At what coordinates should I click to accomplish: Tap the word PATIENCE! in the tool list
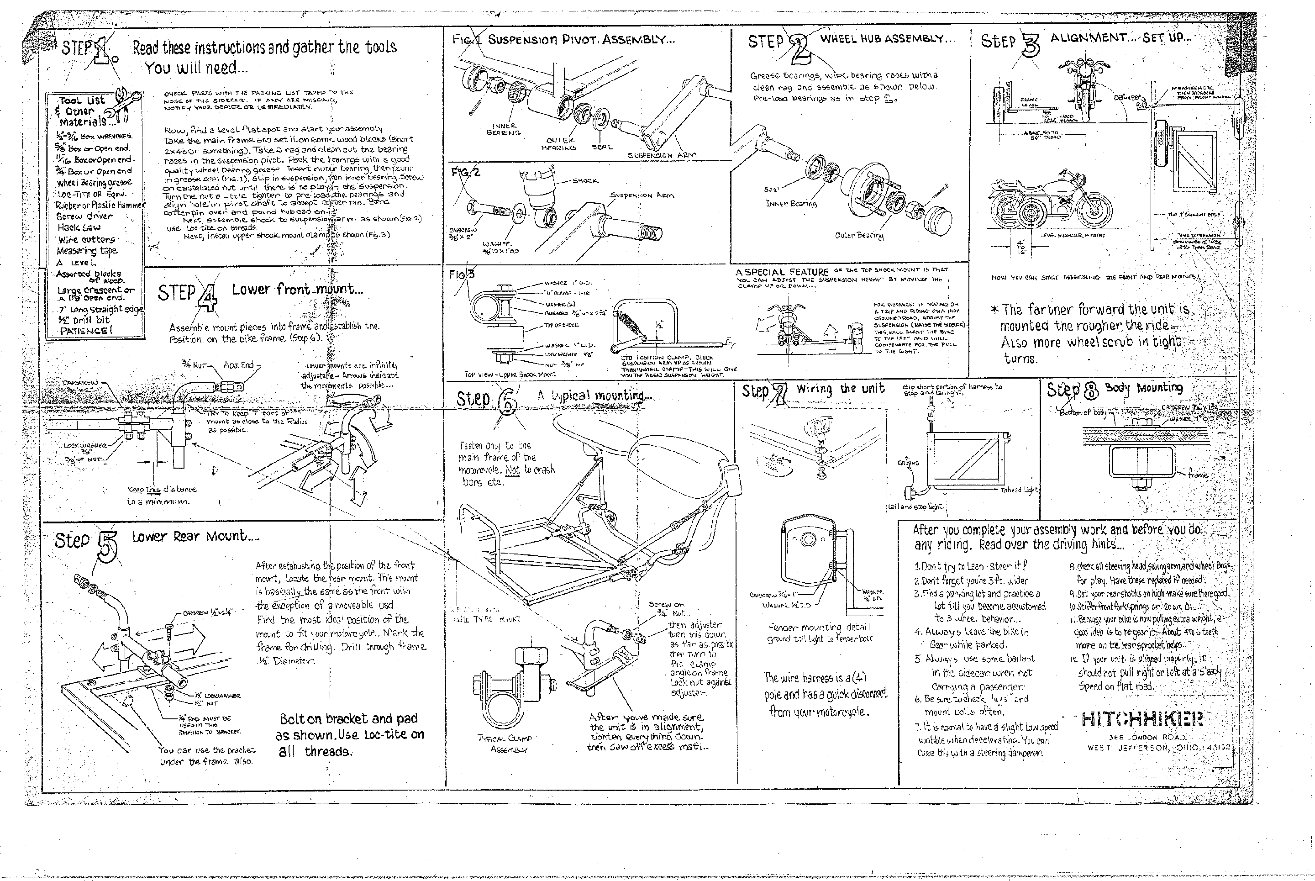(86, 330)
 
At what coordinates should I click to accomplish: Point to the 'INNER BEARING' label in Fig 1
(503, 129)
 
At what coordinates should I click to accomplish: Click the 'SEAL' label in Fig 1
(602, 147)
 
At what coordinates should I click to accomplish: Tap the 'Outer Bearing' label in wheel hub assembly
(859, 235)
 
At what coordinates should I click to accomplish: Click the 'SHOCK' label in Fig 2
(585, 180)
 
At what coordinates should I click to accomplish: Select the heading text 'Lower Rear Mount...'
(195, 537)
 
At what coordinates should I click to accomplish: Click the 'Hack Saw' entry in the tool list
(79, 228)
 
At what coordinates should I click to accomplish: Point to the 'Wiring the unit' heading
(840, 389)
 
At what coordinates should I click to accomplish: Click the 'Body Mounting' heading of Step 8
(1143, 388)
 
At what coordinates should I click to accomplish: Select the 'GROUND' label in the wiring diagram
(908, 464)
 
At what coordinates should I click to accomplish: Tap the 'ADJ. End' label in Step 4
(239, 365)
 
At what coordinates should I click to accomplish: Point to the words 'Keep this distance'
(162, 490)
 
